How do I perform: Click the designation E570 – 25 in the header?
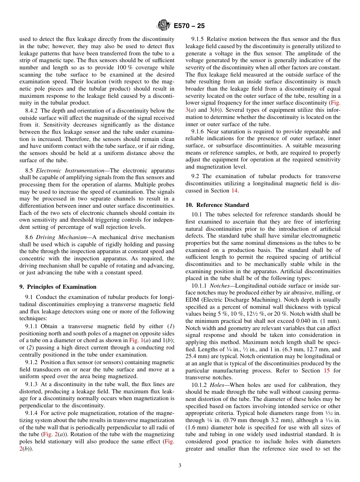coord(189,26)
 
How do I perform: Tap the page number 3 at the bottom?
coord(180,466)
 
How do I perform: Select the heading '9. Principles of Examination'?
coord(58,287)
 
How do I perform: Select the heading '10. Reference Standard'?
coord(217,205)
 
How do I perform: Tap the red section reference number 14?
coord(234,191)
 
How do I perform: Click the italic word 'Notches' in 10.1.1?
coord(220,286)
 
